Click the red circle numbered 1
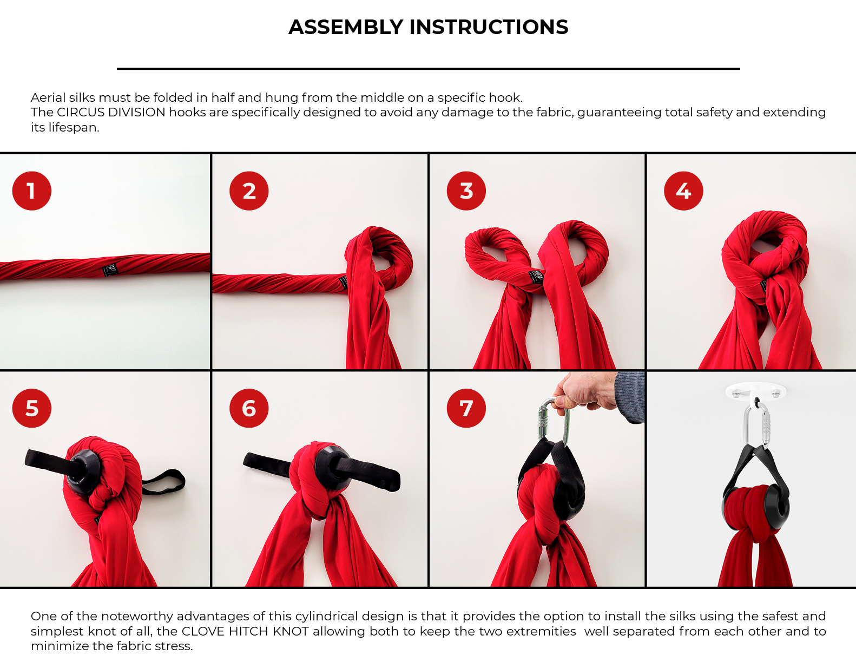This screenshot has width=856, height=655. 31,191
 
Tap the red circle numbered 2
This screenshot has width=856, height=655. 249,191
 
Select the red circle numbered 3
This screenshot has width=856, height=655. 466,191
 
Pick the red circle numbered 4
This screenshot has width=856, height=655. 683,191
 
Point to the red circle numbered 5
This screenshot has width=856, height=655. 31,408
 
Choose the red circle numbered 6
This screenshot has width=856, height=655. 249,408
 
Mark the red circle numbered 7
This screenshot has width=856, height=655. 466,408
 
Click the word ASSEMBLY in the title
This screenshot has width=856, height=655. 346,27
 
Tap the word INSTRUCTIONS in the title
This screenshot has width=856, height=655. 489,27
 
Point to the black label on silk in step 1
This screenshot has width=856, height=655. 110,270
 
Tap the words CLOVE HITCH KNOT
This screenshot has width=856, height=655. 245,631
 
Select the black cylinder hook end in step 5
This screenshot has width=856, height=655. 83,471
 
